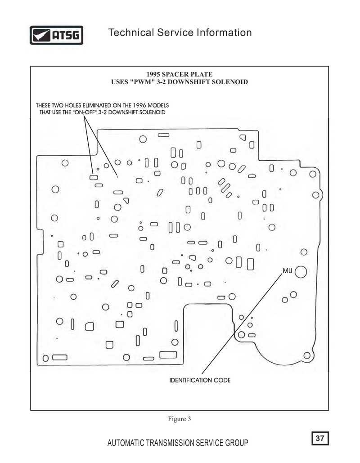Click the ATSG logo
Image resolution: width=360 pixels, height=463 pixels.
coord(56,35)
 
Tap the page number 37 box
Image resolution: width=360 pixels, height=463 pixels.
coord(320,438)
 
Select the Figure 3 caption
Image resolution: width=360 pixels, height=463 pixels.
coord(180,419)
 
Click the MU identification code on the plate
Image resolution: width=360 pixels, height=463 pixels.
coord(288,271)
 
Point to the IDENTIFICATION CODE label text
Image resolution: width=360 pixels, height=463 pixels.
coord(200,380)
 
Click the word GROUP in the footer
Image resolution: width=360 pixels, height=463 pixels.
coord(237,443)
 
